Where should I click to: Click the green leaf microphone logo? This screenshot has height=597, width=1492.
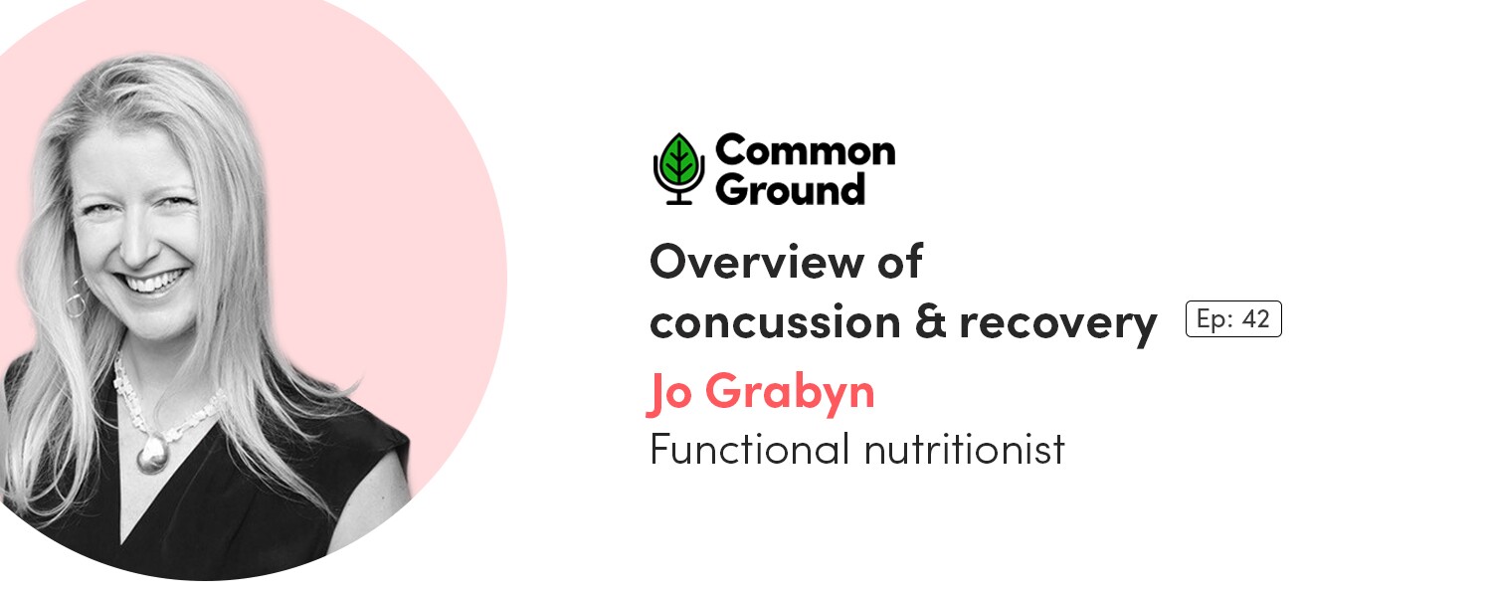point(678,168)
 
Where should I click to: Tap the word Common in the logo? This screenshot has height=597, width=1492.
point(806,150)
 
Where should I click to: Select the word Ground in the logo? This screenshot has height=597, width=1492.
point(790,189)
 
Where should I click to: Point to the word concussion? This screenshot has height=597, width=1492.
point(775,322)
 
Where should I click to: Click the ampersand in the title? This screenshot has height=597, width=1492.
point(930,321)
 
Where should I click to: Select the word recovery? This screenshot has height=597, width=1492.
point(1057,325)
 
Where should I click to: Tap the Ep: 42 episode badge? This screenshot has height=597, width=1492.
point(1233,319)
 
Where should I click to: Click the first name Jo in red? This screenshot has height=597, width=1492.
point(669,393)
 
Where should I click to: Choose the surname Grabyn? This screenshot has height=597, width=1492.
point(790,393)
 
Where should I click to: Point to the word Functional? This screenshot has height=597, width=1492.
point(749,449)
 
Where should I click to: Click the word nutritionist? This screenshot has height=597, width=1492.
point(965,449)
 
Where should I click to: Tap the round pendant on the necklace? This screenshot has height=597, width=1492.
point(152,457)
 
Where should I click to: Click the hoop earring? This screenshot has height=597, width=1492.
point(77,297)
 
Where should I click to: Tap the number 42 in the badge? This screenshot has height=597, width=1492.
point(1255,319)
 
